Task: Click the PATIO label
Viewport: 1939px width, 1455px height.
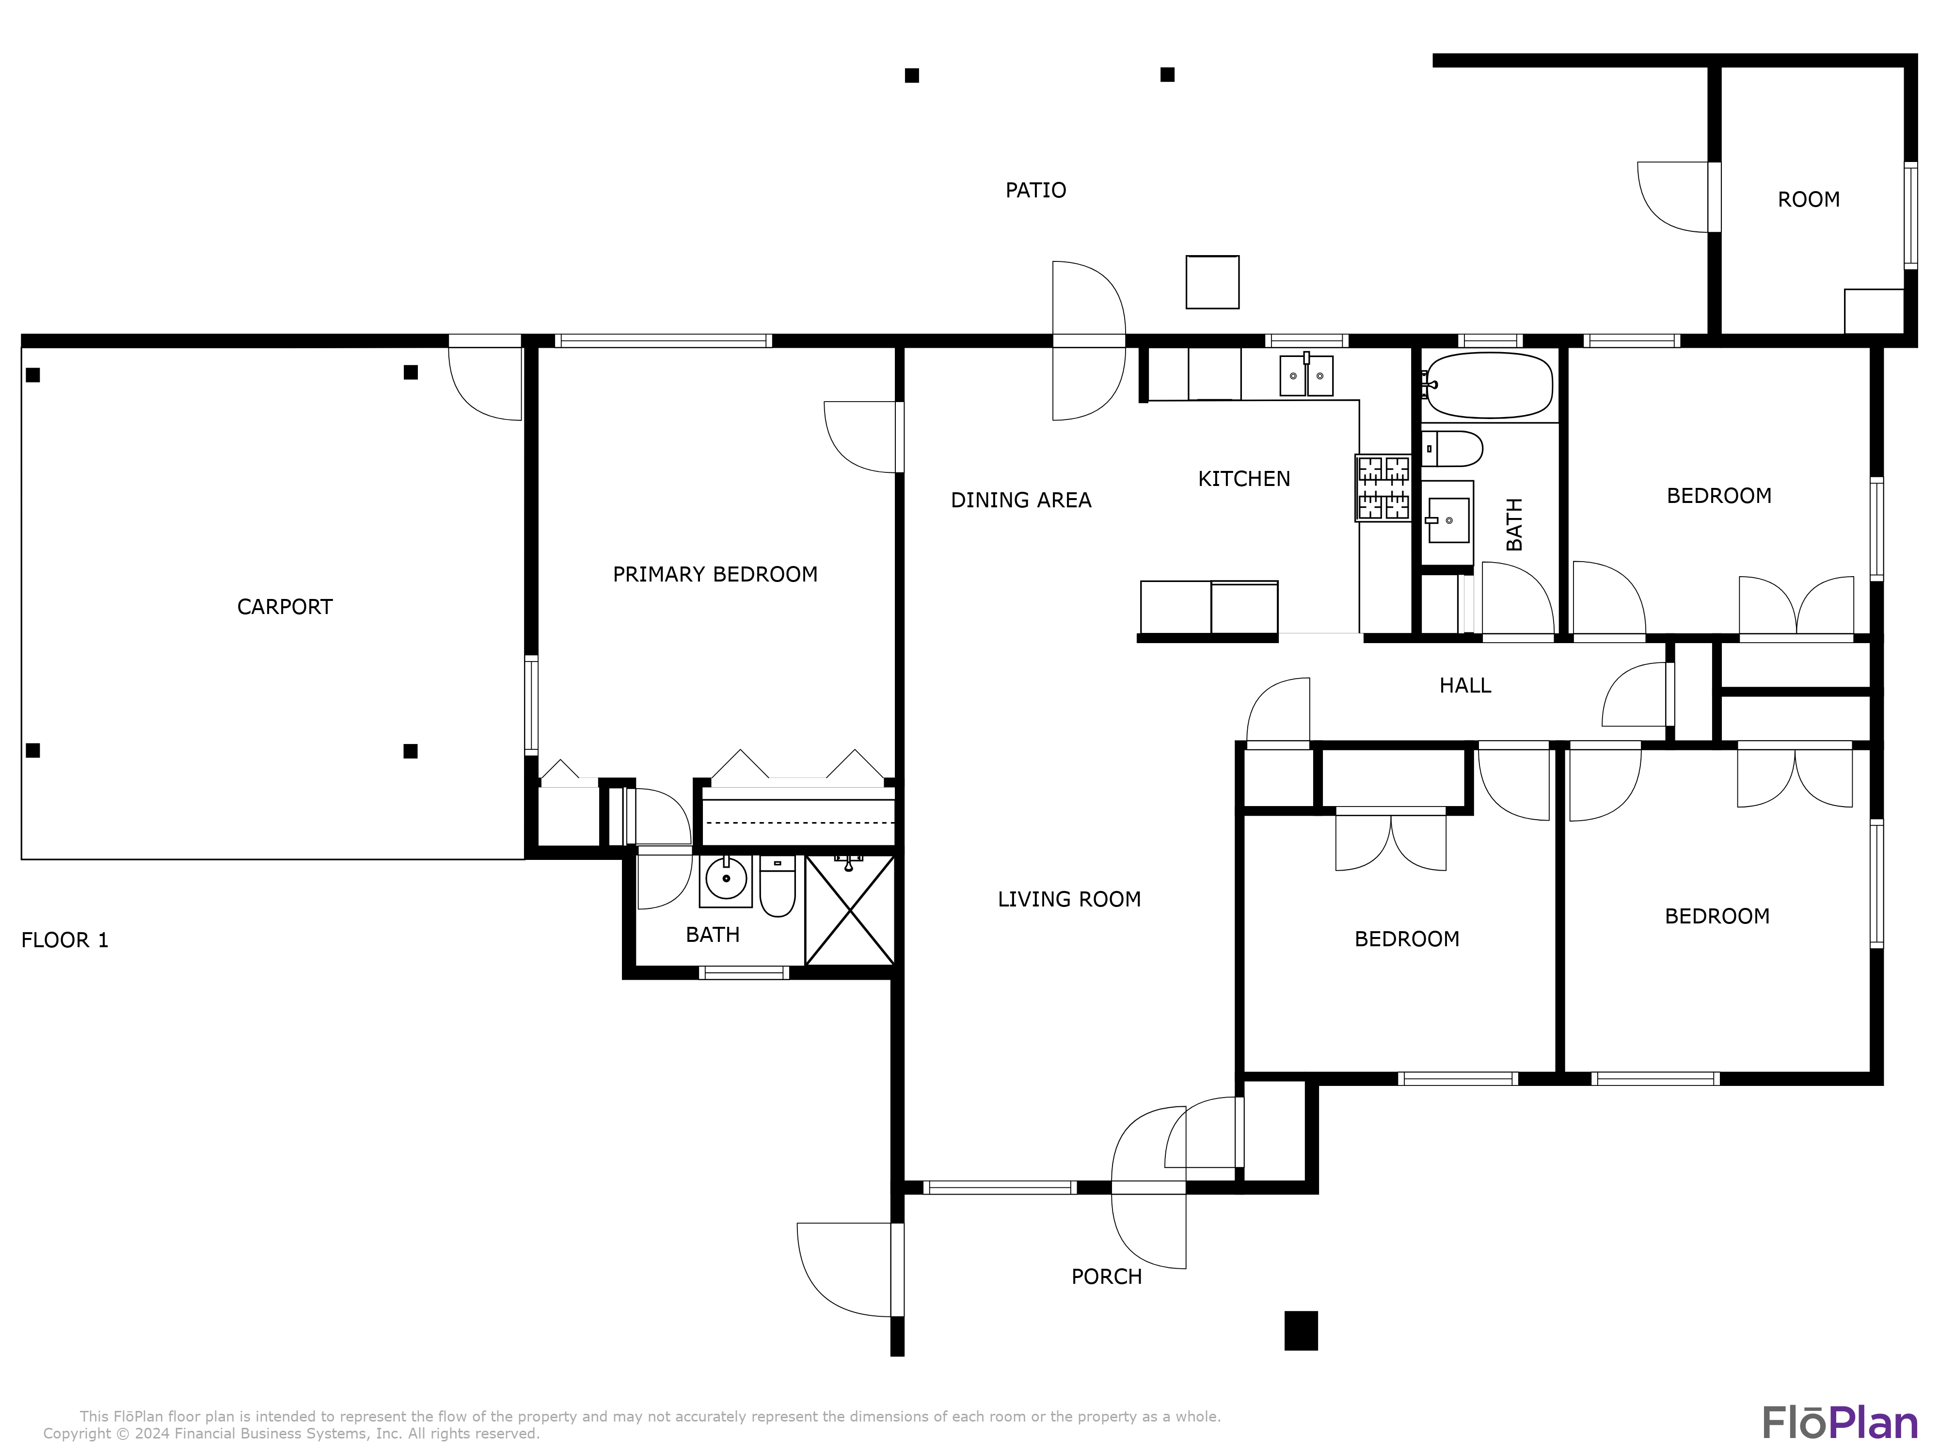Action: click(1035, 190)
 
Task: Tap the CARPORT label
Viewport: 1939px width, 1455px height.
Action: click(285, 607)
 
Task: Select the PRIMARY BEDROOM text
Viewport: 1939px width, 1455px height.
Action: click(715, 574)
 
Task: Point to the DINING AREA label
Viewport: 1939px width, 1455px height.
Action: click(1021, 500)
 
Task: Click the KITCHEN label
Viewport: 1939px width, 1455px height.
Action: click(1244, 479)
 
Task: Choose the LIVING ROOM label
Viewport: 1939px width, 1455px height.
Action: click(1069, 899)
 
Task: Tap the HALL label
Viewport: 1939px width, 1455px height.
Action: click(1465, 686)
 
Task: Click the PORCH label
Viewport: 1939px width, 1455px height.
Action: click(1106, 1277)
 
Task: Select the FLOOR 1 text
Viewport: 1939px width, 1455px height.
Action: click(65, 940)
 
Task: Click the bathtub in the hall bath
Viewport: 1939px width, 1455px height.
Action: click(1489, 385)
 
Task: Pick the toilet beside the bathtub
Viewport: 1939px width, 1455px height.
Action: click(1452, 449)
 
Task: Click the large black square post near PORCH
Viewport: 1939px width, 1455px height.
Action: click(1301, 1330)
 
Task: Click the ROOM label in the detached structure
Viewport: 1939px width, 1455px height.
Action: click(1809, 200)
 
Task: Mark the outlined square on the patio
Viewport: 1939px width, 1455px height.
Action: click(1212, 282)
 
